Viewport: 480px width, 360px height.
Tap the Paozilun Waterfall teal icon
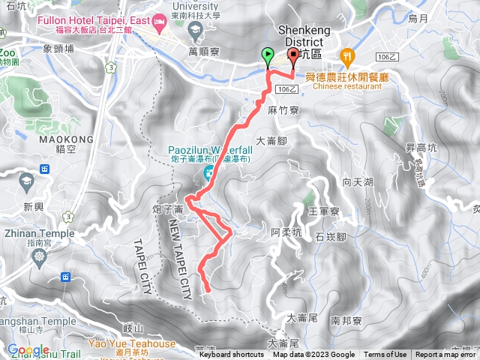pos(206,176)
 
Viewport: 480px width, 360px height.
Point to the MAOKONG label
pos(70,139)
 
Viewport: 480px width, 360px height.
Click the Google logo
pos(28,349)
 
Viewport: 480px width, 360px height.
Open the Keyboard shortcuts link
pos(231,355)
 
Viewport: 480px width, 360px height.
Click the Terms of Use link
pos(385,355)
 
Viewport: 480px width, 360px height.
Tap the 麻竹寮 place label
pos(283,109)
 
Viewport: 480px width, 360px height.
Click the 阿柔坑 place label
pos(286,233)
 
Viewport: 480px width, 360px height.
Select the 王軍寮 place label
pos(324,211)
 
